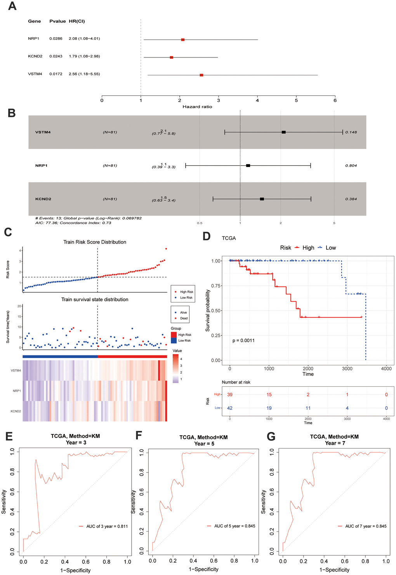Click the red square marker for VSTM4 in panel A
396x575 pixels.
click(x=201, y=75)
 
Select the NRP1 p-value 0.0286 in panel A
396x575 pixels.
click(x=56, y=39)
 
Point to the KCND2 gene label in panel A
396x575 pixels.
click(x=35, y=56)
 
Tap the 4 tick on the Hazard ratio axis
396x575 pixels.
click(x=257, y=101)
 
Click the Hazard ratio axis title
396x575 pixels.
click(x=197, y=107)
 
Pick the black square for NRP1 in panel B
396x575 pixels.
click(x=248, y=166)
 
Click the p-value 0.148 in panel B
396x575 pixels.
click(x=351, y=132)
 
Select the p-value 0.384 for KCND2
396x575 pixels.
click(x=351, y=199)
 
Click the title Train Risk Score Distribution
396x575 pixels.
click(x=95, y=242)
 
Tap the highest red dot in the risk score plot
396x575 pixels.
click(x=166, y=249)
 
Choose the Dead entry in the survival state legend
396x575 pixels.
click(x=184, y=318)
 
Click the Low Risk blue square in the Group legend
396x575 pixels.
click(x=174, y=340)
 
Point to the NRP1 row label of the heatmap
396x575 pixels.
click(x=17, y=391)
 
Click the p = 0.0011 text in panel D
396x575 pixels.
click(x=243, y=340)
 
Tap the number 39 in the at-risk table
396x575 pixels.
click(x=230, y=394)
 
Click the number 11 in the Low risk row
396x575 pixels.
click(x=308, y=408)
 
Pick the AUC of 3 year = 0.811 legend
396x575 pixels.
click(x=107, y=526)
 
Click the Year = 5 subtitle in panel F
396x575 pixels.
click(x=204, y=444)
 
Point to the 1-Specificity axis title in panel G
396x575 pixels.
click(x=334, y=570)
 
